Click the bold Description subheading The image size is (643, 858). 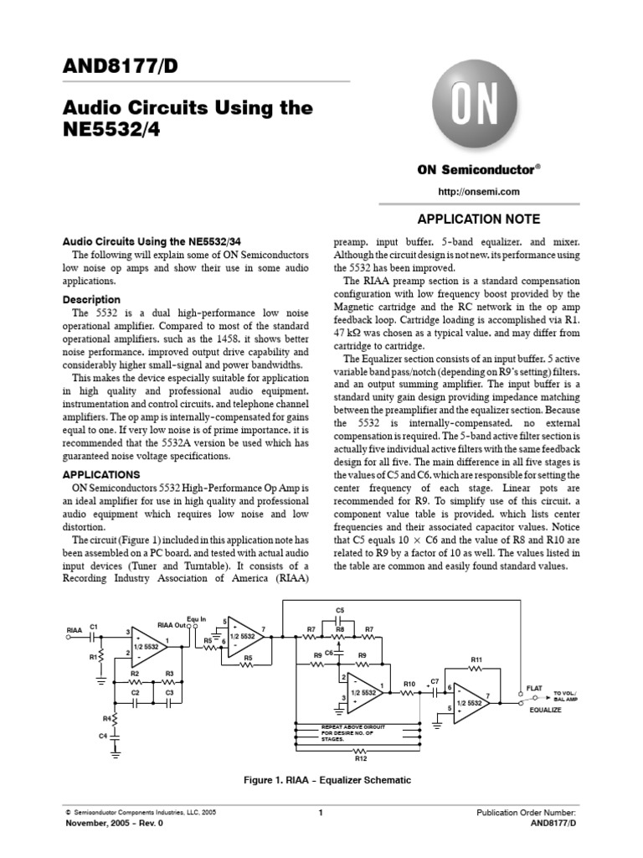point(92,299)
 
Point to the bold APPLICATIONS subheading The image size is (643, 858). point(99,473)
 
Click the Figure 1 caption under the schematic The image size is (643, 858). point(327,780)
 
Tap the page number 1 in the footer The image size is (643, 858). point(321,813)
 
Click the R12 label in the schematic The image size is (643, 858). point(361,758)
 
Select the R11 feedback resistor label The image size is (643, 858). point(477,659)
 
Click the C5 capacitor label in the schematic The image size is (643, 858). point(340,610)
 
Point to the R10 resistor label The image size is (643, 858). point(409,685)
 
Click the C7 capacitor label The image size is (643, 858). point(435,680)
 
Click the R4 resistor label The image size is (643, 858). point(107,718)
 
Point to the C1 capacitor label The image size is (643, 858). point(95,626)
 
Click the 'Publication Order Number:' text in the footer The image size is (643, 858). point(526,813)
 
